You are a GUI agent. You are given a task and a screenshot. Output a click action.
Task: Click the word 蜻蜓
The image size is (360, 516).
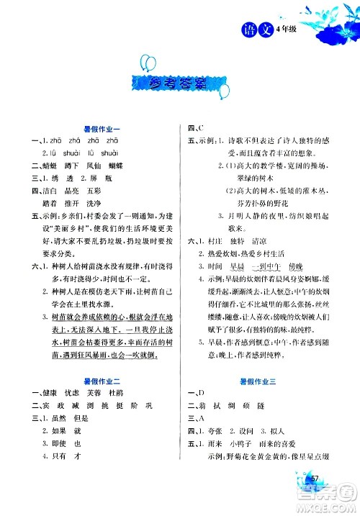[x=46, y=164]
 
